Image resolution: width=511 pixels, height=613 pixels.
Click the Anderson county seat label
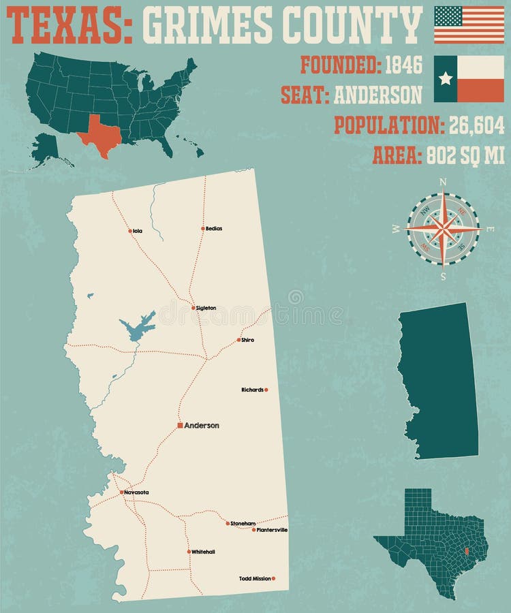202,426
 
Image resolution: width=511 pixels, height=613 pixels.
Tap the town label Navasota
136,492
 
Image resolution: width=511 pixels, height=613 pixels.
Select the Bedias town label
214,229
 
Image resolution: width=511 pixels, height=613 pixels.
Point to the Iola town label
138,232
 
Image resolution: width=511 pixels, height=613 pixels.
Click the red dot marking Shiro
238,340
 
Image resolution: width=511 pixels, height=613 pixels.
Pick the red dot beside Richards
266,390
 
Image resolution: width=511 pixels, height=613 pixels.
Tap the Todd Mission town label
255,579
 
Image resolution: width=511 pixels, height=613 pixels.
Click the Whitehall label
203,552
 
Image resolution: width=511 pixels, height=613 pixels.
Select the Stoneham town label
243,524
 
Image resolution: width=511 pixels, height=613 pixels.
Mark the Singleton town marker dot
193,308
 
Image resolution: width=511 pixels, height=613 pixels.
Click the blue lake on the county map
137,328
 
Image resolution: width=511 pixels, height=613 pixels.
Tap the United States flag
469,25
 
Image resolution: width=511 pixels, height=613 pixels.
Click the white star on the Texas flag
446,78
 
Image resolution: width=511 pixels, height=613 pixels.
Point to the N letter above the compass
443,182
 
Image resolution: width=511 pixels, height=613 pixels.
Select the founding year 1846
403,65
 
